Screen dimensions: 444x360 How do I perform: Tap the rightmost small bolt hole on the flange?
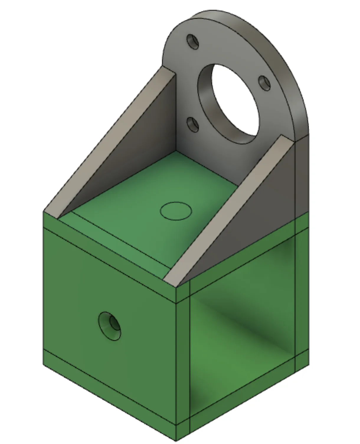264,83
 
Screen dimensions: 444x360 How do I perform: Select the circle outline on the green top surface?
176,211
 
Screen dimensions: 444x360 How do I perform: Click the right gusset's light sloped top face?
230,207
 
